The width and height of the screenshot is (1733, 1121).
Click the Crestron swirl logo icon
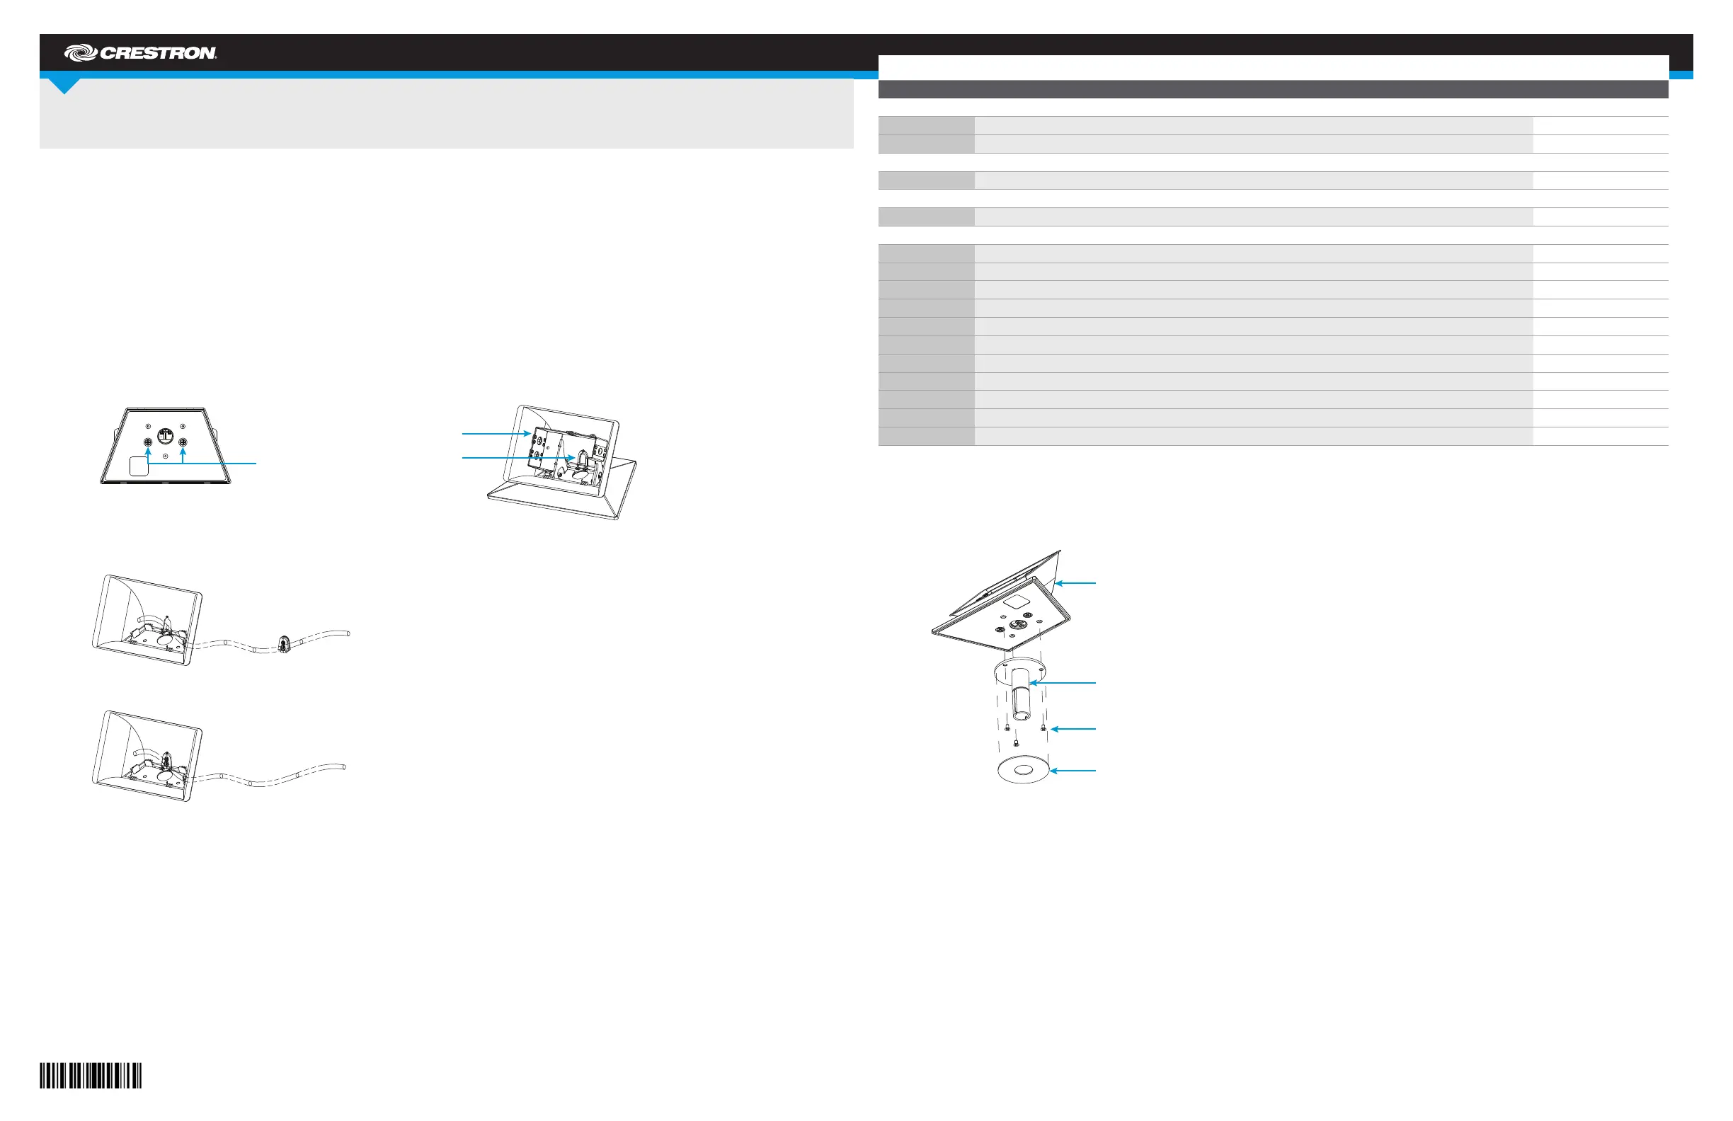(x=80, y=52)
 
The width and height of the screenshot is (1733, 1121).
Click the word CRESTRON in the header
(x=158, y=53)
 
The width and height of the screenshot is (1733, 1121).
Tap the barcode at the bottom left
(x=91, y=1075)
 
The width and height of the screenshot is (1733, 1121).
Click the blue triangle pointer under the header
(x=64, y=86)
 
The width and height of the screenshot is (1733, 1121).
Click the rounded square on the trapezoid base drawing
(x=138, y=466)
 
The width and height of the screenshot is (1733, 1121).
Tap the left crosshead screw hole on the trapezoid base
(x=148, y=442)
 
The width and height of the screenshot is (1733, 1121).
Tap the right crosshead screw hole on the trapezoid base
(x=183, y=442)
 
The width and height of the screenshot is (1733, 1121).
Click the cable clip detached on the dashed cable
(x=283, y=643)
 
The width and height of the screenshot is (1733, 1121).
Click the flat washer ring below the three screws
(x=1022, y=769)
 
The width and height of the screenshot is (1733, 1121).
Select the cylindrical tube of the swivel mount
(x=1020, y=695)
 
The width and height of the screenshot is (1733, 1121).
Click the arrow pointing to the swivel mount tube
(x=1063, y=683)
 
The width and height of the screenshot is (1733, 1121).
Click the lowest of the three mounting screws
(x=1016, y=743)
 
